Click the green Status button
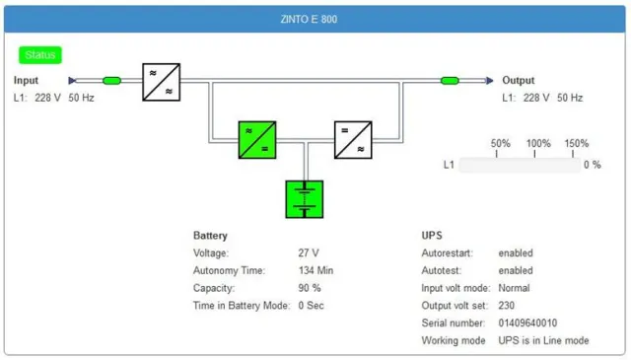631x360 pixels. click(x=40, y=55)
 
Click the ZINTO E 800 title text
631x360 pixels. click(x=315, y=19)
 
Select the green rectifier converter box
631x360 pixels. click(x=256, y=140)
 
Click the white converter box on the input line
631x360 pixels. click(x=161, y=81)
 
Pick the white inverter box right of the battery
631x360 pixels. click(x=353, y=140)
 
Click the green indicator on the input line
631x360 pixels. click(x=111, y=81)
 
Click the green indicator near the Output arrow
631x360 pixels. click(x=450, y=81)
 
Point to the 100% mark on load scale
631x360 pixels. click(x=538, y=144)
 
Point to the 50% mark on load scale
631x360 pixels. click(x=501, y=144)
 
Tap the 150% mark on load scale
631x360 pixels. click(x=577, y=144)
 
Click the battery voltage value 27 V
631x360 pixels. click(x=308, y=253)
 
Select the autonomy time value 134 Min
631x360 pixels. click(x=316, y=270)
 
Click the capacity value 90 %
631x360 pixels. click(x=310, y=288)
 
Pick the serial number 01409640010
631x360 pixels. click(x=527, y=324)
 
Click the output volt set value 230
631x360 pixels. click(x=507, y=306)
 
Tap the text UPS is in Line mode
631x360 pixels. click(x=543, y=341)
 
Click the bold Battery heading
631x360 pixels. click(x=210, y=236)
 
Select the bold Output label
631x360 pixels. click(x=519, y=81)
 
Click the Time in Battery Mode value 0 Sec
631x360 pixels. click(x=312, y=306)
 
